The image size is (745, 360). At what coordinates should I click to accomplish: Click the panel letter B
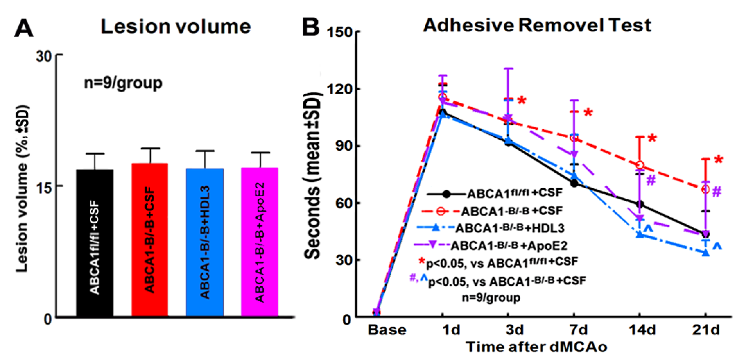[310, 28]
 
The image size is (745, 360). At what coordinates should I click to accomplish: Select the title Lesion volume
[176, 27]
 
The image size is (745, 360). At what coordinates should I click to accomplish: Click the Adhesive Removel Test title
[537, 25]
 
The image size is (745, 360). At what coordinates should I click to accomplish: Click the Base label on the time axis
[387, 330]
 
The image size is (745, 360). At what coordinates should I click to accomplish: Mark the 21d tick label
[706, 330]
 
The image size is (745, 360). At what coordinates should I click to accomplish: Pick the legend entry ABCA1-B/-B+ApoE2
[509, 246]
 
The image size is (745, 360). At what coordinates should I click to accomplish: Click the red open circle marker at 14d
[640, 165]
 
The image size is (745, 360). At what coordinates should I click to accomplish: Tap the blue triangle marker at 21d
[706, 253]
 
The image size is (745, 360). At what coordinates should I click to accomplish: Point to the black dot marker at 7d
[574, 183]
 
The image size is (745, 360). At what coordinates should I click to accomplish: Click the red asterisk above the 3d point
[522, 101]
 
